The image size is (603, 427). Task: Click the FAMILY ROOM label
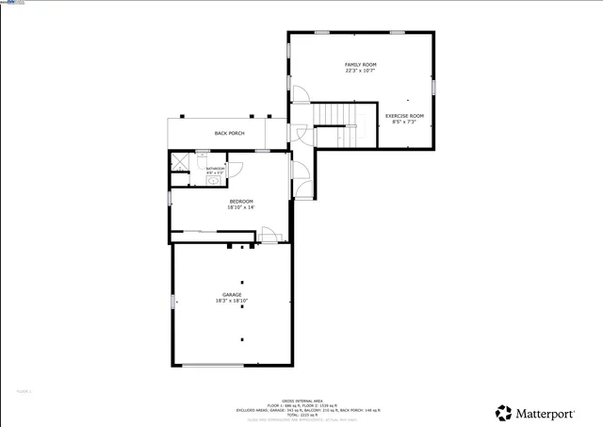(360, 64)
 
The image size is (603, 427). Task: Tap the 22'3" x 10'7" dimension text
(360, 71)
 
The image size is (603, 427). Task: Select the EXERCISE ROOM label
(404, 116)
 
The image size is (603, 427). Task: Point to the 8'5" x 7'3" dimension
(404, 123)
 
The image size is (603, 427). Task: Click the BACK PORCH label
(229, 133)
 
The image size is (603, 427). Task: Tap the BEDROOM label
(241, 201)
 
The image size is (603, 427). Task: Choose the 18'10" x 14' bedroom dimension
(241, 207)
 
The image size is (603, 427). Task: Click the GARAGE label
(232, 295)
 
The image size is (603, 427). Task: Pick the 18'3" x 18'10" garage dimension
(232, 302)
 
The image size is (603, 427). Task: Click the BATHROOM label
(215, 169)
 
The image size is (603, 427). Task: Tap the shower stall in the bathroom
(179, 161)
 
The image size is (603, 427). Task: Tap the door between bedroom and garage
(269, 236)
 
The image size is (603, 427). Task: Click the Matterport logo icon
(504, 413)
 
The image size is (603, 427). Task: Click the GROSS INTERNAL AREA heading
(301, 401)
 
